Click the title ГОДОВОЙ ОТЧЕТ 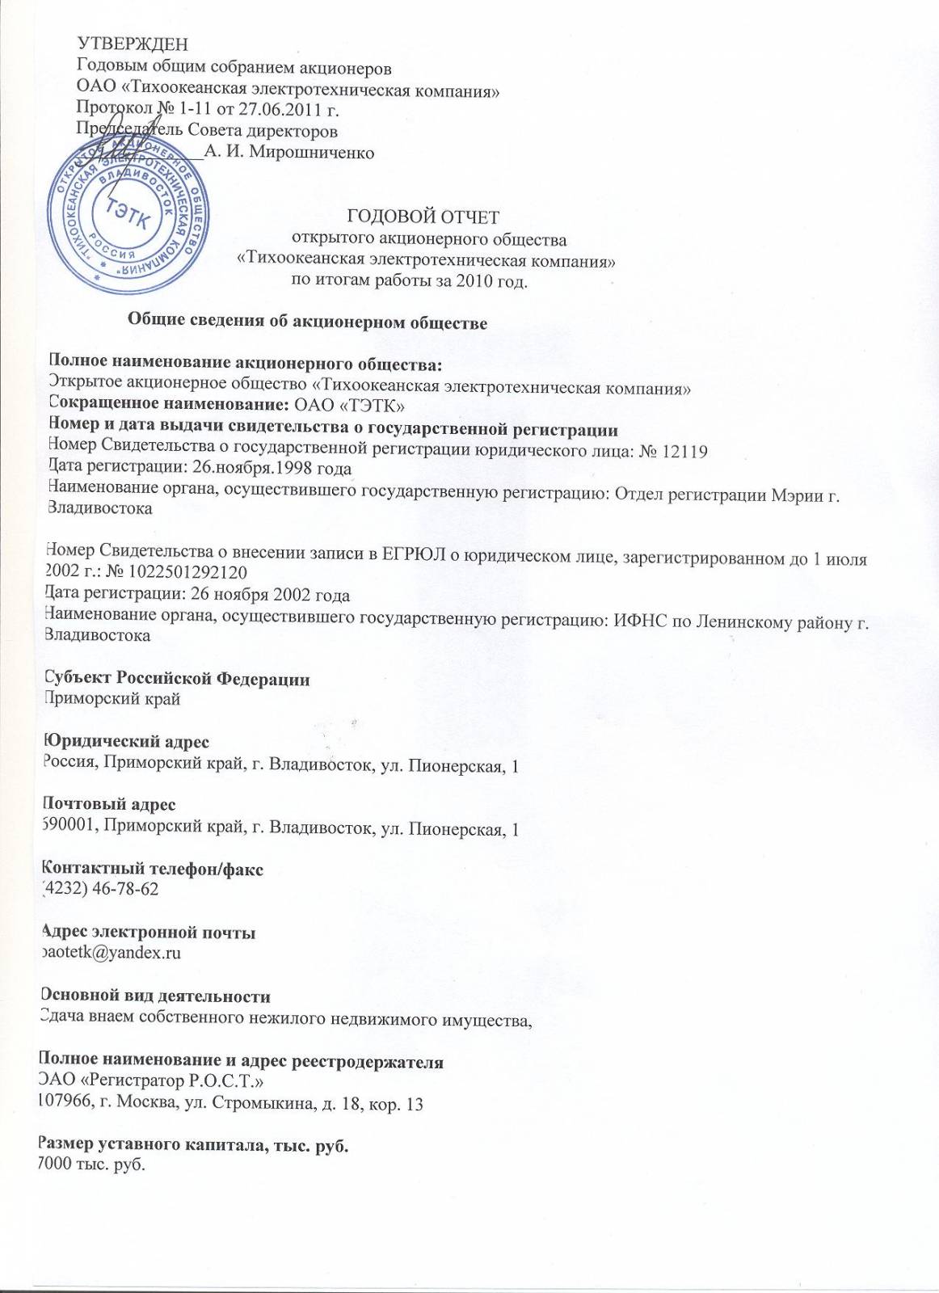pyautogui.click(x=423, y=216)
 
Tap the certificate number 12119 pyautogui.click(x=684, y=451)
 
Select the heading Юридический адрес pyautogui.click(x=126, y=741)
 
